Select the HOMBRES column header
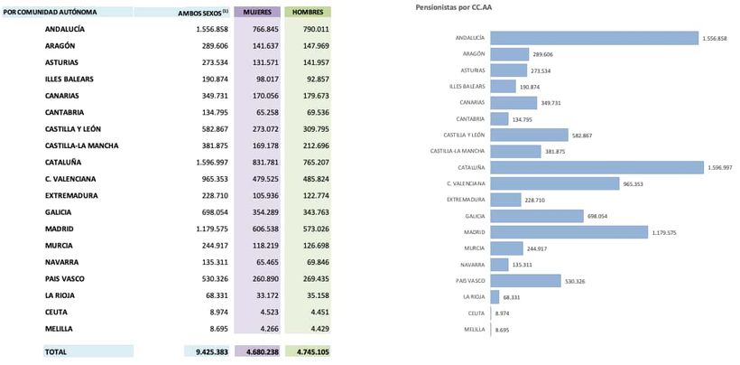click(x=308, y=13)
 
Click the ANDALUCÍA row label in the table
click(x=66, y=29)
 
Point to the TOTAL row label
click(x=58, y=352)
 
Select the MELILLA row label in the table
click(x=60, y=329)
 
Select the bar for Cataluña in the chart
click(x=597, y=167)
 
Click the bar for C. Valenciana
click(x=550, y=183)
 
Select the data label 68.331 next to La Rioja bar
click(x=513, y=297)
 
